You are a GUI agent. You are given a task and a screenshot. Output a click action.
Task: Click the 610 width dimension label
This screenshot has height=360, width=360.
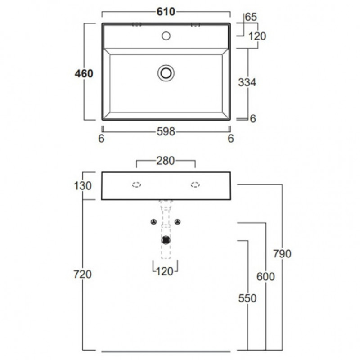click(166, 12)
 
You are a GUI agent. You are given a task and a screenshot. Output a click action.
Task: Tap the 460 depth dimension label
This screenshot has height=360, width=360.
click(84, 74)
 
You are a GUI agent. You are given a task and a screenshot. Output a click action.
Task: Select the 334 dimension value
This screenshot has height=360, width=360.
click(247, 82)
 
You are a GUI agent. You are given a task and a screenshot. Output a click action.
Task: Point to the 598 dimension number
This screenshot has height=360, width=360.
click(166, 132)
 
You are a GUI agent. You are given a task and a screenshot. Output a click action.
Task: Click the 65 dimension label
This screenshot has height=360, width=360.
click(251, 17)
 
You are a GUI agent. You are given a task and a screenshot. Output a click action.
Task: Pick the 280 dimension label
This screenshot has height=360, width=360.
click(166, 161)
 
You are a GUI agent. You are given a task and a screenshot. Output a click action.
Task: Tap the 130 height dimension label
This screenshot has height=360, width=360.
click(83, 186)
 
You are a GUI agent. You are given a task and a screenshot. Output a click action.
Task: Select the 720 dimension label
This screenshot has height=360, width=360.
click(82, 274)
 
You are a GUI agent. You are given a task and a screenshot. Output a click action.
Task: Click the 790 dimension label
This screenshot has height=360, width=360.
click(282, 254)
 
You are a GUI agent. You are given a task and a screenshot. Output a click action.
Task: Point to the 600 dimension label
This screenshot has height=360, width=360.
click(265, 276)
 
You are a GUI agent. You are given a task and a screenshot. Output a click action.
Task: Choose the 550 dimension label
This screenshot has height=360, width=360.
click(247, 298)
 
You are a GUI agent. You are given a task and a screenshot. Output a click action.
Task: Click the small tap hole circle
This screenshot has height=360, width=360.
click(166, 36)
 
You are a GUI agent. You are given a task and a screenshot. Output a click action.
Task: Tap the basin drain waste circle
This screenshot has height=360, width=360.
click(166, 73)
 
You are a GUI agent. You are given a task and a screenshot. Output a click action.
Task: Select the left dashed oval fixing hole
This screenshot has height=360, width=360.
click(136, 185)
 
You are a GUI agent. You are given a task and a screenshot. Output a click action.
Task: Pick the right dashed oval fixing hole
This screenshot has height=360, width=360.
click(195, 185)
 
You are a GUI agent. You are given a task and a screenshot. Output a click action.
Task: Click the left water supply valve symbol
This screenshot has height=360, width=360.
click(154, 222)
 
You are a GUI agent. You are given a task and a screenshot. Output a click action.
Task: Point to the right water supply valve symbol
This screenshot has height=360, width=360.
click(177, 222)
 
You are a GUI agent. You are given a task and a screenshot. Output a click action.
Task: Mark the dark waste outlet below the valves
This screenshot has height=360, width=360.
click(166, 240)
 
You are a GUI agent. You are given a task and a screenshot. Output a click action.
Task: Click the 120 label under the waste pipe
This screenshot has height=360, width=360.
click(165, 272)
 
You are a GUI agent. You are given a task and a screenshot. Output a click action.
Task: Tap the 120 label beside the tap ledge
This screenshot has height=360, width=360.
click(257, 36)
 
